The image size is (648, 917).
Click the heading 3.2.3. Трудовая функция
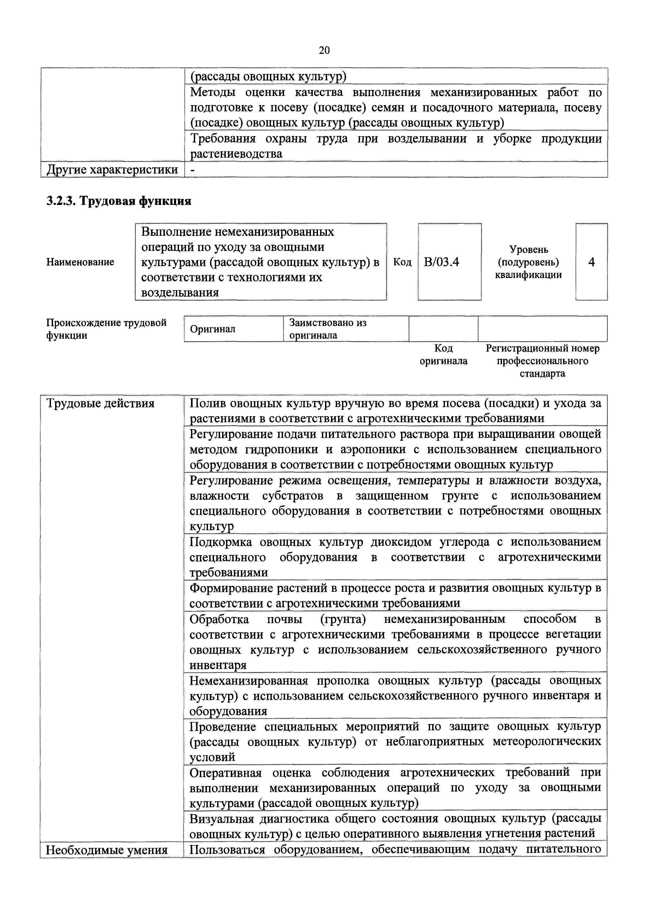(119, 201)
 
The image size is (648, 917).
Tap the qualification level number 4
(592, 262)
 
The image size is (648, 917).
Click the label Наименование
(80, 262)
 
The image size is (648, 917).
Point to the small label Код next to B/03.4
(402, 262)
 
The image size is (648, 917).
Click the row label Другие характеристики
(112, 170)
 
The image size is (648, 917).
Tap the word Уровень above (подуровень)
(528, 250)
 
